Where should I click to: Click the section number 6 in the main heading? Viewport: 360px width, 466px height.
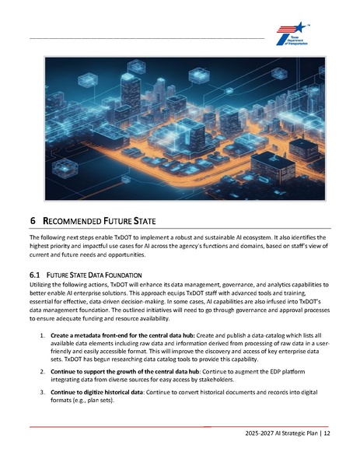point(32,222)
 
